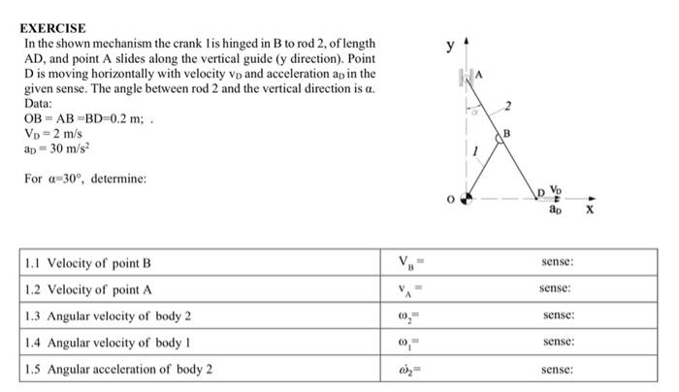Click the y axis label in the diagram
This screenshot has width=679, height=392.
point(449,46)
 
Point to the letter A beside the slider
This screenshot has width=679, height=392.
point(479,75)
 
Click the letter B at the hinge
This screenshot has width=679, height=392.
point(505,133)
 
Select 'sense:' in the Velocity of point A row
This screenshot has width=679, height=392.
point(558,289)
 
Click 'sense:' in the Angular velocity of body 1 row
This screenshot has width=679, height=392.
point(558,343)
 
